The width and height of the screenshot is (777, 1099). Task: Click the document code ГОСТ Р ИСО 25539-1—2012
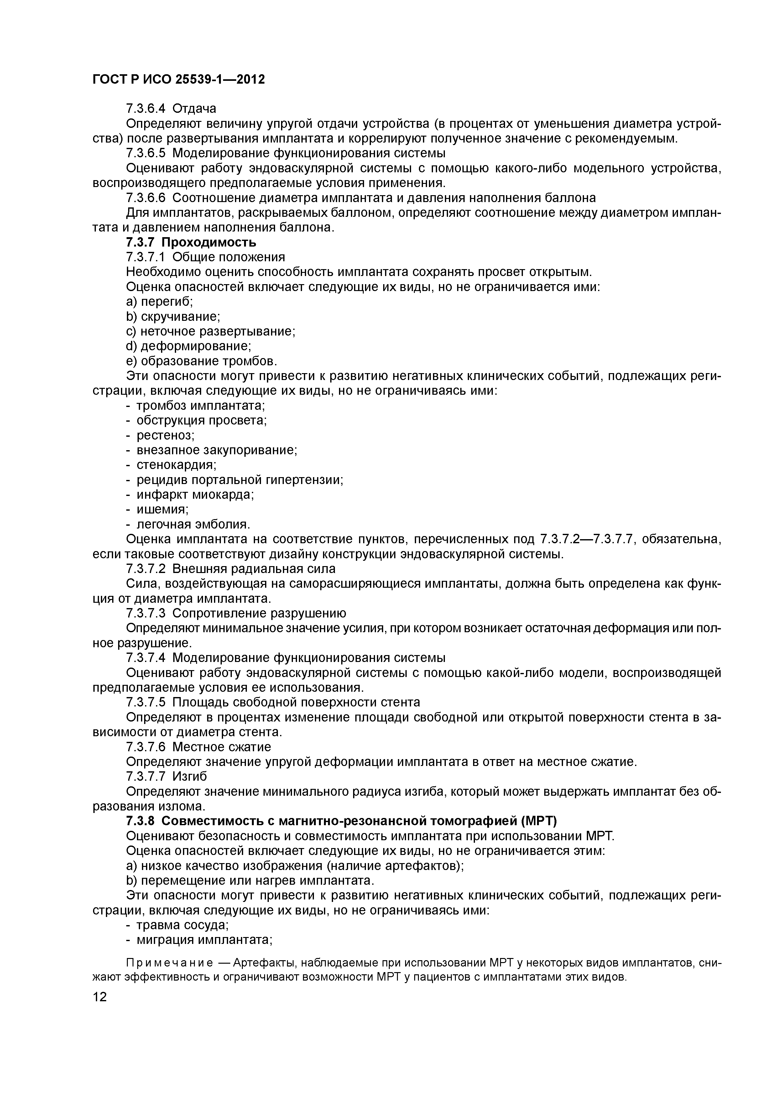click(178, 80)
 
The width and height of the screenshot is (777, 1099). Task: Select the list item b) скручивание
click(173, 316)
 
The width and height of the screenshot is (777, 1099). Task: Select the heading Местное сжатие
click(221, 747)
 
